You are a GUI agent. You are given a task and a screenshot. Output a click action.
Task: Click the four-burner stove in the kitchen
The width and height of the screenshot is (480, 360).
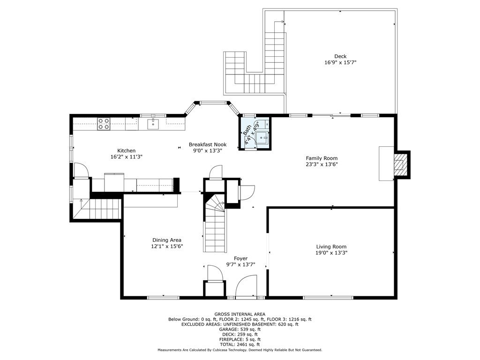tap(104, 124)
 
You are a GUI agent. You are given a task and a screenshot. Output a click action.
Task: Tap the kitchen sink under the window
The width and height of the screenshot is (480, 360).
tap(153, 124)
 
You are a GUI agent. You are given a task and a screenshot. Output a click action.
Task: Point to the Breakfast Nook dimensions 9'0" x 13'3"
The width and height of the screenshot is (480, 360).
tap(208, 150)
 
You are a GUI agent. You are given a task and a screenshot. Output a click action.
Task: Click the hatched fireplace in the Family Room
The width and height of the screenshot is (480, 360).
tap(398, 165)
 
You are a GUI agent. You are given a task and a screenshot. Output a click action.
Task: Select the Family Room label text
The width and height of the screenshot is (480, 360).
tap(322, 158)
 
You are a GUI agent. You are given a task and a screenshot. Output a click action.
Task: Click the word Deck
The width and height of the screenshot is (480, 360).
tap(340, 56)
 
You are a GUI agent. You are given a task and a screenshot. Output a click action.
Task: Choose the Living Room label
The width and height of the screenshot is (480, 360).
tap(331, 247)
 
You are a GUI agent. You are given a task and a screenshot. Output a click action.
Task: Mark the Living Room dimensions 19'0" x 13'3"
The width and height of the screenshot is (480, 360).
tap(331, 253)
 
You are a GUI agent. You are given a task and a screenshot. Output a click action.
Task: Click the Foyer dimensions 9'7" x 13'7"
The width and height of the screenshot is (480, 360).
tap(240, 264)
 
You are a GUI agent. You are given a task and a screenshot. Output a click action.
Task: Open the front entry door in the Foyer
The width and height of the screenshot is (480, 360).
tap(247, 287)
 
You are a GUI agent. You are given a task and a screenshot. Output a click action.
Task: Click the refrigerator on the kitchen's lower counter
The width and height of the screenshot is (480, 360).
tap(114, 182)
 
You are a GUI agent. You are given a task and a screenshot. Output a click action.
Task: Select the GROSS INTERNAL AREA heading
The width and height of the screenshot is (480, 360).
tap(240, 314)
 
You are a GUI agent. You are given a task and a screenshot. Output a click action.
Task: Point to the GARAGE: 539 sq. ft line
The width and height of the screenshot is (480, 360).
tap(240, 329)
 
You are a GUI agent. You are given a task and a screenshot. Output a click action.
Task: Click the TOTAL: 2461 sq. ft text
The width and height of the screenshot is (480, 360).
tap(240, 345)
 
